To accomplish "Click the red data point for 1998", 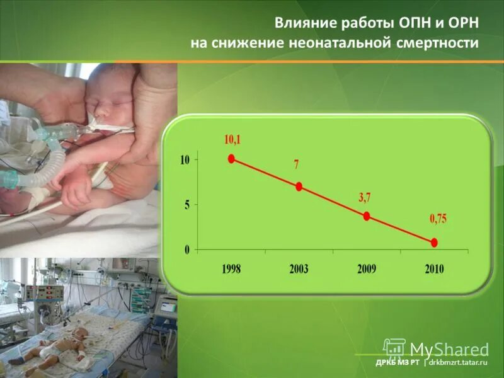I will pos(232,159).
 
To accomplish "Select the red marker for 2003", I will pos(299,186).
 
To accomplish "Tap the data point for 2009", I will pos(367,216).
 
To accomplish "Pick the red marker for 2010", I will pos(434,243).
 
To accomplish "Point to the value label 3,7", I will pos(365,197).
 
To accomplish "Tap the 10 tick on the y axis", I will pos(185,160).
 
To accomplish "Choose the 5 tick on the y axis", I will pos(187,205).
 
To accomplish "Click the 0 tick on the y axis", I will pos(187,250).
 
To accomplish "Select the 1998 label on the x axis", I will pos(231,269).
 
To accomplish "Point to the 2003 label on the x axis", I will pos(299,269).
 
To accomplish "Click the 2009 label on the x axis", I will pos(367,269).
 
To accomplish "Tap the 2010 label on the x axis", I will pos(434,269).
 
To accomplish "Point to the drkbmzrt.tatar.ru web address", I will pos(460,364).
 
